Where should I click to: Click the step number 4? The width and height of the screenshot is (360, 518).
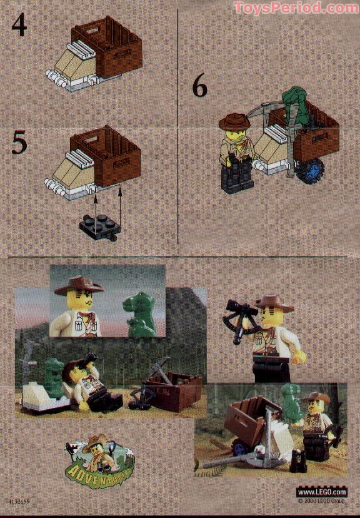coord(19,26)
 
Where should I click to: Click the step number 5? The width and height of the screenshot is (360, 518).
coord(19,143)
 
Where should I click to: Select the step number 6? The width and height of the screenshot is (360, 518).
coord(199,87)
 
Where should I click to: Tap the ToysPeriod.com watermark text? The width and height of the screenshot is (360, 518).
coord(296,8)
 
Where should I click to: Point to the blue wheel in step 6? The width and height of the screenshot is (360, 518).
coord(311,170)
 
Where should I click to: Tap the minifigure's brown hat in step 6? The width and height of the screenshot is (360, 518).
coord(234,120)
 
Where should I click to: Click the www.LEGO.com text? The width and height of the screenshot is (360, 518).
coord(321,492)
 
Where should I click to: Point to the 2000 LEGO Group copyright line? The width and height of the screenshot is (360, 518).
coord(321,501)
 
